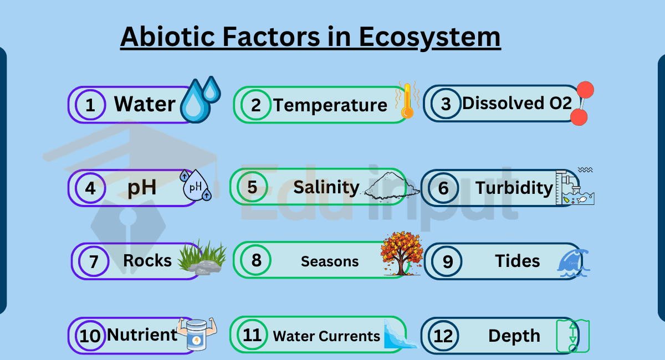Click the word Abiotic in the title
point(167,37)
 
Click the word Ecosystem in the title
point(430,38)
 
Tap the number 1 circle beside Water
point(90,105)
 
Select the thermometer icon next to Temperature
point(407,100)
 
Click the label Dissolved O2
point(517,103)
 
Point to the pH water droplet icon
point(196,185)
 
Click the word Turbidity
point(514,188)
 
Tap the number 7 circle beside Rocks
point(94,261)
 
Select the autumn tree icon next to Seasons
point(402,253)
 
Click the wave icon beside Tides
point(574,263)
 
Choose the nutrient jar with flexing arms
point(197,334)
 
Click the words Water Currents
point(326,336)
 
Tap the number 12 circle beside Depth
point(443,336)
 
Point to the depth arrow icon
point(572,336)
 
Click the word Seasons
point(330,261)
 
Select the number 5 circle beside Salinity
point(252,187)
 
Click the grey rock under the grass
point(204,268)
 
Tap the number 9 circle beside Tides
point(447,261)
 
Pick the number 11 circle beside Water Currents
point(252,335)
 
